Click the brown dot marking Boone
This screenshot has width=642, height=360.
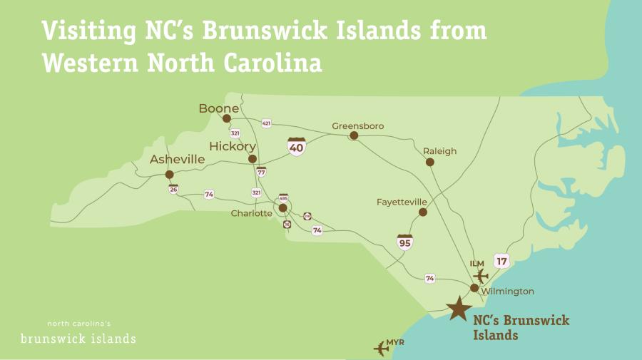pyautogui.click(x=227, y=119)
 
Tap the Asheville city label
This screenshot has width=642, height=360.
pyautogui.click(x=177, y=160)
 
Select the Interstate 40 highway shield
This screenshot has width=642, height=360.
pyautogui.click(x=297, y=147)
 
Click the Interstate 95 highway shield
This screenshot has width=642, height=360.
pyautogui.click(x=405, y=242)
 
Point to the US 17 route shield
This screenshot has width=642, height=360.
pyautogui.click(x=501, y=261)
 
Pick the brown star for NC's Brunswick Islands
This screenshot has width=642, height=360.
pyautogui.click(x=458, y=309)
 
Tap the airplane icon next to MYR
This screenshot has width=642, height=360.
pyautogui.click(x=382, y=348)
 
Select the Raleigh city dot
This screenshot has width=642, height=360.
pyautogui.click(x=430, y=163)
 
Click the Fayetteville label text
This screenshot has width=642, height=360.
pyautogui.click(x=402, y=202)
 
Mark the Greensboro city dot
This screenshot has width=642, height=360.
pyautogui.click(x=353, y=135)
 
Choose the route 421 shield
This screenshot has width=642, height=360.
pyautogui.click(x=266, y=123)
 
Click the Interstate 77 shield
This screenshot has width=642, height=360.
pyautogui.click(x=261, y=172)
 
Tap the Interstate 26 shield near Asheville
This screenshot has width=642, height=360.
pyautogui.click(x=173, y=189)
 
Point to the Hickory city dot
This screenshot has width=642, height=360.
pyautogui.click(x=252, y=159)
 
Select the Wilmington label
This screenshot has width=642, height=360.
pyautogui.click(x=507, y=292)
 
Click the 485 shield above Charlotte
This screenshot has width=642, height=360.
pyautogui.click(x=283, y=198)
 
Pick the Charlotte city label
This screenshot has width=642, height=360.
pyautogui.click(x=251, y=213)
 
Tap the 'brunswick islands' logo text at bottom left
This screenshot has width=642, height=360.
pyautogui.click(x=78, y=338)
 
